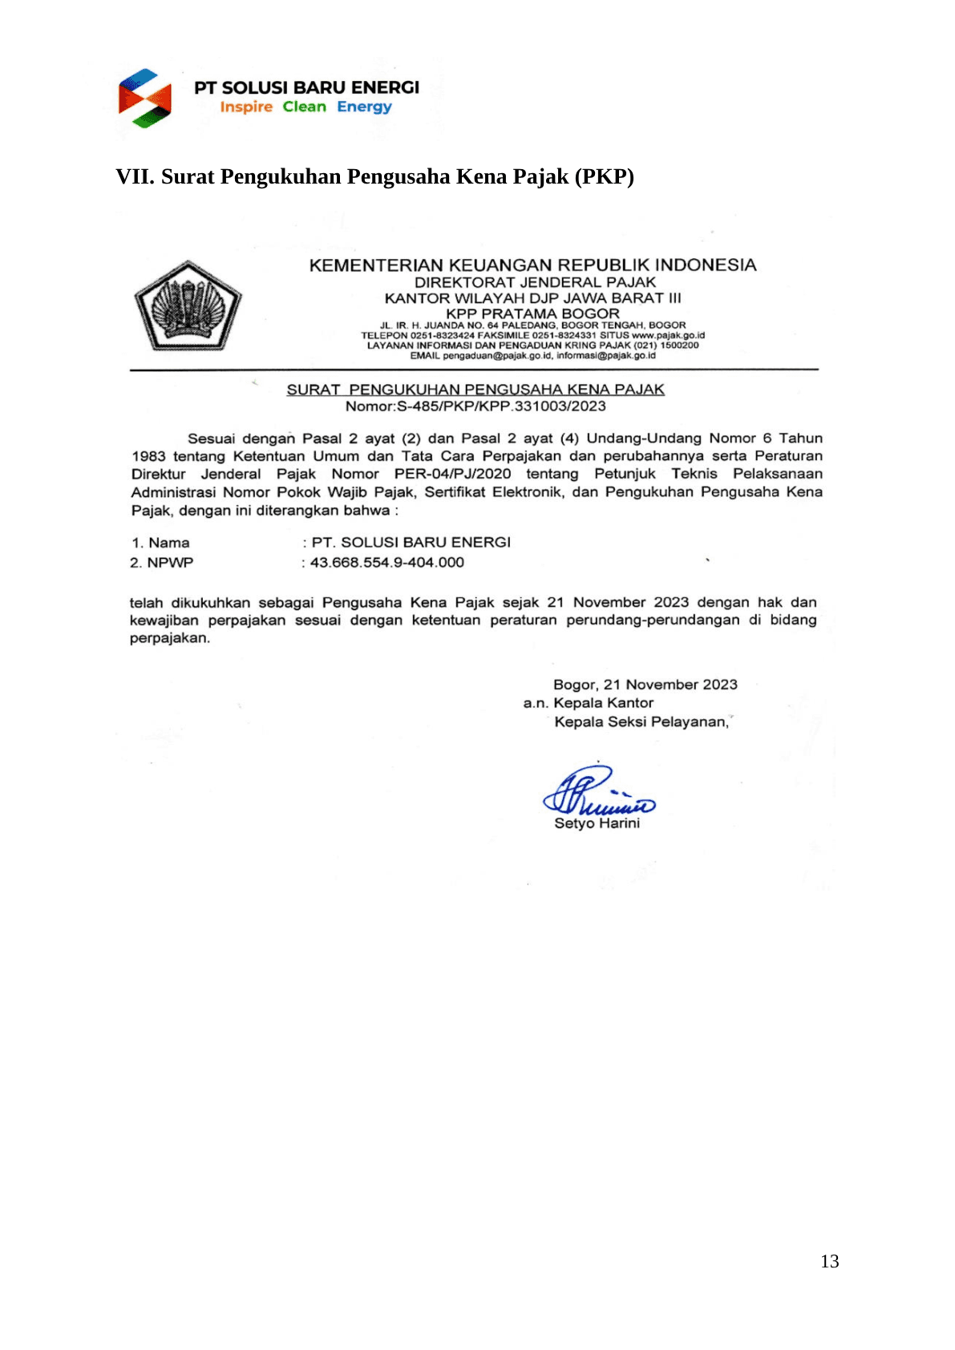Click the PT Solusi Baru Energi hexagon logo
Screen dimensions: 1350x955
[x=145, y=98]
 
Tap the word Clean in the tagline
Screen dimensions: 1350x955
[x=304, y=107]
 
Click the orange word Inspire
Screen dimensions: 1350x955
[x=246, y=107]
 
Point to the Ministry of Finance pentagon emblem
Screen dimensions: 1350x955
[x=188, y=305]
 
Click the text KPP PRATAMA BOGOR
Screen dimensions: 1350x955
[x=532, y=313]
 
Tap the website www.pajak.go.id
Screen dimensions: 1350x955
[x=668, y=335]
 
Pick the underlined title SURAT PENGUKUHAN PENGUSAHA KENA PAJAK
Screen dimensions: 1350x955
[x=475, y=390]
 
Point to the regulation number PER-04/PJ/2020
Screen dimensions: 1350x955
[x=452, y=474]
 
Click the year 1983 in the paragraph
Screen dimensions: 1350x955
[x=148, y=456]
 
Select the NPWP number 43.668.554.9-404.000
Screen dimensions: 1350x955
[x=387, y=563]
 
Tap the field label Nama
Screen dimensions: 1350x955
[x=169, y=543]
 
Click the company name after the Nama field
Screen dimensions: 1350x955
[x=411, y=543]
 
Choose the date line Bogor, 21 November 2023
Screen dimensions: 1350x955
[x=645, y=685]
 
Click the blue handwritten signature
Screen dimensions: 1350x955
[x=597, y=791]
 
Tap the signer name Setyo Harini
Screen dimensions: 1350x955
[x=597, y=823]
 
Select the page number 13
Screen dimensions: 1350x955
[x=830, y=1261]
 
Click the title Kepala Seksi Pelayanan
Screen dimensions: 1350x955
[x=641, y=721]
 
